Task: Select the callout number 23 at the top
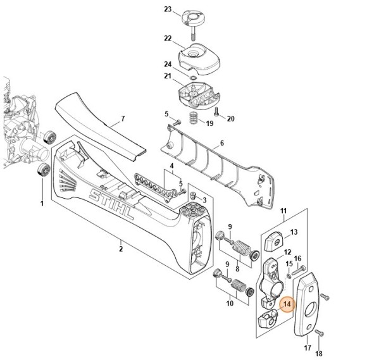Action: (x=150, y=9)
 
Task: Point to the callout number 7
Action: (x=123, y=119)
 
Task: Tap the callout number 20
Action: (x=231, y=119)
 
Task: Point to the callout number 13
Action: (x=294, y=232)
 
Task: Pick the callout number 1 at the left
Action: (x=42, y=203)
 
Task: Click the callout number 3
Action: (x=204, y=200)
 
